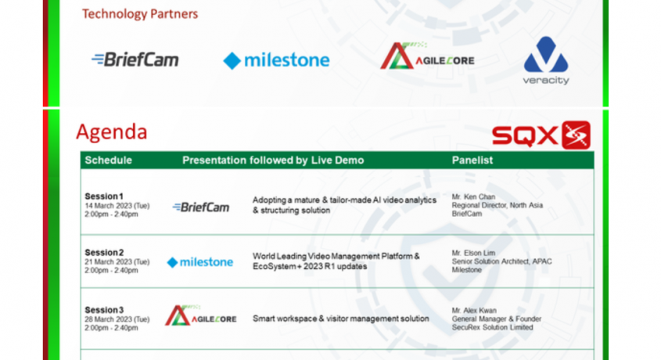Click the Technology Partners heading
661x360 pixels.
140,14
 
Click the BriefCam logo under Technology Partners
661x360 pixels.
135,59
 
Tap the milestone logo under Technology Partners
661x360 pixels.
276,60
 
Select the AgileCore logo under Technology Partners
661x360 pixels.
427,56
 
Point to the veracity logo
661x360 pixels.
546,60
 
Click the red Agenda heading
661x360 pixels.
112,132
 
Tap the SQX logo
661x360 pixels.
541,135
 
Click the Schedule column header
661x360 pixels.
108,160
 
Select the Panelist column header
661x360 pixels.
472,160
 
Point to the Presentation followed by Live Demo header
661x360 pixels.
273,160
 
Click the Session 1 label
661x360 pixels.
104,196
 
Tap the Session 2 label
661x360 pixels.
104,253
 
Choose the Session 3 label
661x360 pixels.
104,310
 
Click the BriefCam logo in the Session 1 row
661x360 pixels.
201,207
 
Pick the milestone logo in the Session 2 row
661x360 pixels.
200,262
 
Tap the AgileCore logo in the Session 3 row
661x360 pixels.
201,315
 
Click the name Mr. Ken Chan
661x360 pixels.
473,197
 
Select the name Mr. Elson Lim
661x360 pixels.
473,253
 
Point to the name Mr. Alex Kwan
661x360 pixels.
474,310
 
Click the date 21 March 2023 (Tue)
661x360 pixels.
117,261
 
